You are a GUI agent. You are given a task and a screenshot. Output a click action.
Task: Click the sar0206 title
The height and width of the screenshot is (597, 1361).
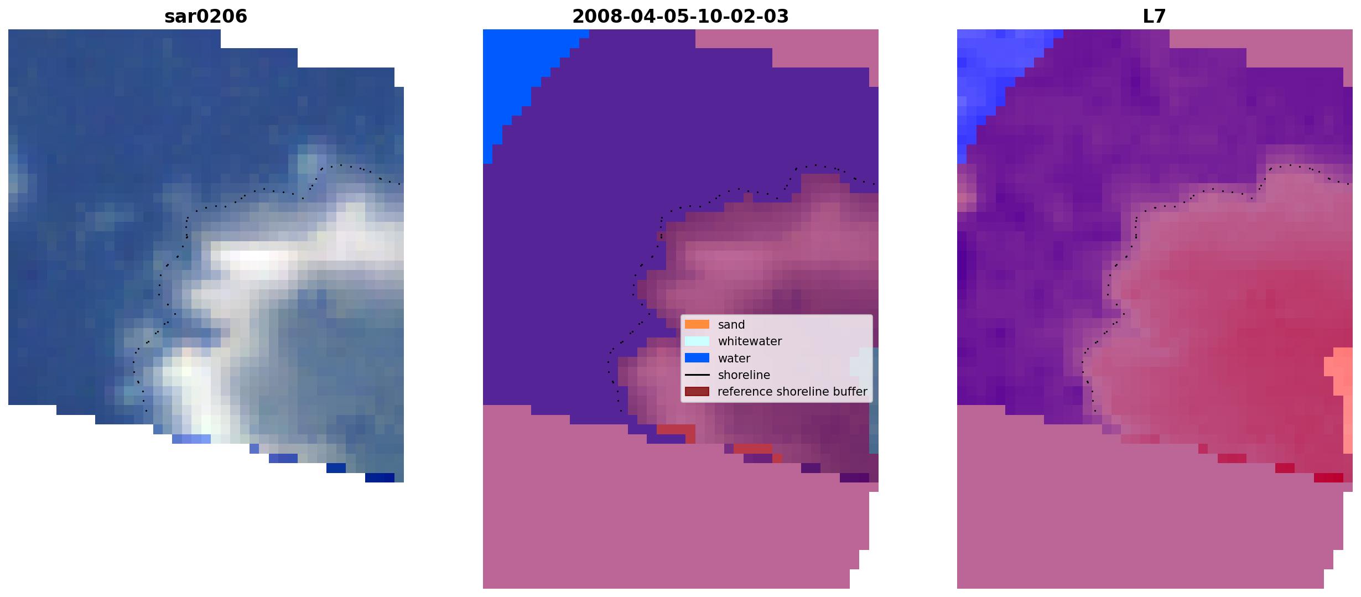206,17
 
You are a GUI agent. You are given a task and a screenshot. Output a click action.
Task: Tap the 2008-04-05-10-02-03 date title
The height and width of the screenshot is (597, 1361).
680,17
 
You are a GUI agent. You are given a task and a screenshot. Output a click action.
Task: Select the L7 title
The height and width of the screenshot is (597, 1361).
1155,17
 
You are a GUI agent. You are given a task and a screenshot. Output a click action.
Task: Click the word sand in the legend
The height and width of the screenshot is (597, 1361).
731,325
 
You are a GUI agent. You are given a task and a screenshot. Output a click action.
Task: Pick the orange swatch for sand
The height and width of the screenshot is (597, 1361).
697,324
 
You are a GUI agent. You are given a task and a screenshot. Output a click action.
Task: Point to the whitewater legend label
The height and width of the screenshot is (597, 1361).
750,341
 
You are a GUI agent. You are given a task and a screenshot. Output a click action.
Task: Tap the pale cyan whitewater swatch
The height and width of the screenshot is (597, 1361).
697,341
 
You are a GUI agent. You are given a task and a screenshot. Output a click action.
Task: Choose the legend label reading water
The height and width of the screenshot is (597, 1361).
734,359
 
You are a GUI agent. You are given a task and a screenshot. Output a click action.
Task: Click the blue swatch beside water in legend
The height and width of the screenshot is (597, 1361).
697,358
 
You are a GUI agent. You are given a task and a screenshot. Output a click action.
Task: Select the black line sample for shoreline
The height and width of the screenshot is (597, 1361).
697,375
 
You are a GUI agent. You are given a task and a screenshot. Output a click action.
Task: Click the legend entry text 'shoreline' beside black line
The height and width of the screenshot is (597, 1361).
744,375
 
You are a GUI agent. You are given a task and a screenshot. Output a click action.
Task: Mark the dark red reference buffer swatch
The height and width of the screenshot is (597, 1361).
697,392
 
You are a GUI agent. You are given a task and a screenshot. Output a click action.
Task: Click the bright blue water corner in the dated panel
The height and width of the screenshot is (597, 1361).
515,72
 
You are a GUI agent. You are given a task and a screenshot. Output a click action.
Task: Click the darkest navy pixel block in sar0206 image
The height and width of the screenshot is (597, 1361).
380,477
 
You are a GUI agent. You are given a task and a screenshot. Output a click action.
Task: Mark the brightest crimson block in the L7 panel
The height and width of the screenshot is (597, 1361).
1328,477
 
